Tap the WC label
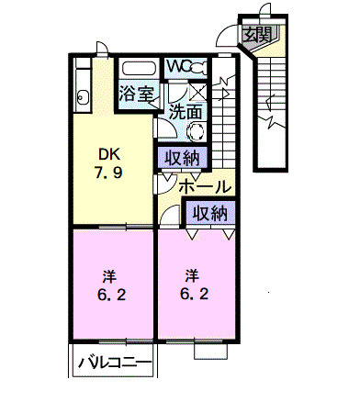[x=177, y=68]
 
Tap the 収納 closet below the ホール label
[x=209, y=213]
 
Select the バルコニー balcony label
[x=113, y=362]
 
